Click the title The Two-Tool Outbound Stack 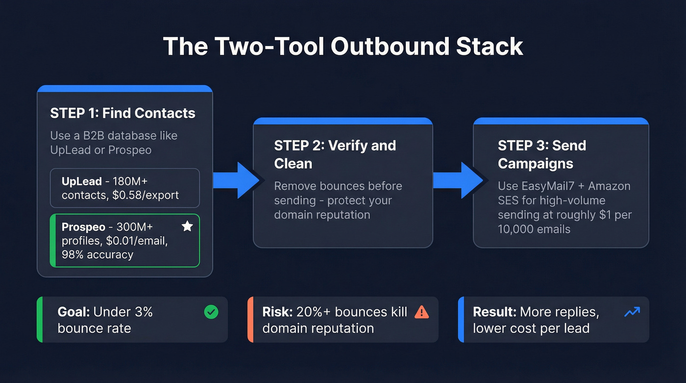343,47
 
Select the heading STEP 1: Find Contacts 122,113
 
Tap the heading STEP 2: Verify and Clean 335,154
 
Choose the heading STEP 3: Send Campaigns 541,154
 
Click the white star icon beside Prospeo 187,226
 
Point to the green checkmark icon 211,312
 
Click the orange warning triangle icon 421,312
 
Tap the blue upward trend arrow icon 632,312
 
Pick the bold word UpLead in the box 82,181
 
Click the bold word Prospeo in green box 83,227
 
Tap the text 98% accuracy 98,255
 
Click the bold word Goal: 74,312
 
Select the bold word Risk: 277,312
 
